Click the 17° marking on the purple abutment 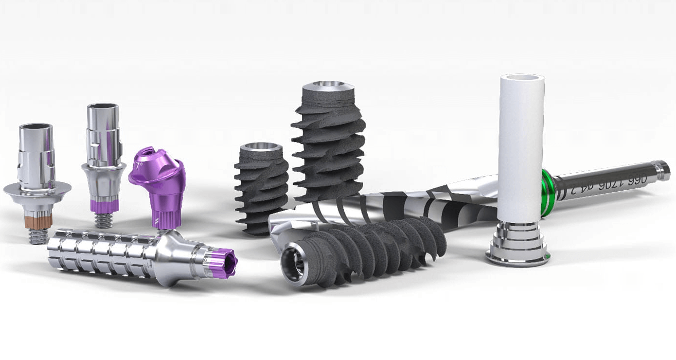[x=139, y=166]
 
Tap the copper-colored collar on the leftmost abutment [x=38, y=221]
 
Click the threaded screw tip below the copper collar [x=38, y=236]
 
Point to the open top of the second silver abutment [x=103, y=107]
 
